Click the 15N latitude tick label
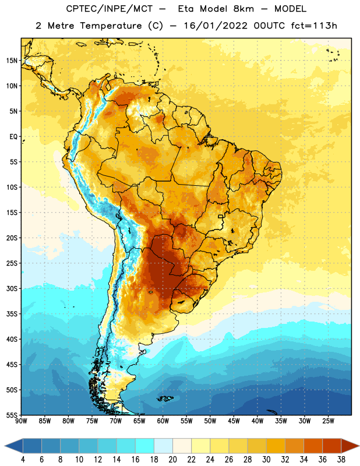click(11, 61)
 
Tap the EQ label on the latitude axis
click(13, 137)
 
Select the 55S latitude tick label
click(11, 415)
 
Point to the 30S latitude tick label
click(11, 288)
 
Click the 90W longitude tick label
click(21, 421)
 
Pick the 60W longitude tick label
click(163, 421)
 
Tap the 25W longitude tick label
click(328, 421)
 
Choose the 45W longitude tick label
click(234, 421)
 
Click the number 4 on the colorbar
click(23, 460)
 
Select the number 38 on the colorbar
click(341, 460)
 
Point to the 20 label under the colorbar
click(172, 460)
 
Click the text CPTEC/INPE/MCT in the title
click(110, 9)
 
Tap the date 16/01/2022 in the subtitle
click(215, 26)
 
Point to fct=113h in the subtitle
click(314, 26)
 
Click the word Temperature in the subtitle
click(111, 26)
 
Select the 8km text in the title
click(243, 9)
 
